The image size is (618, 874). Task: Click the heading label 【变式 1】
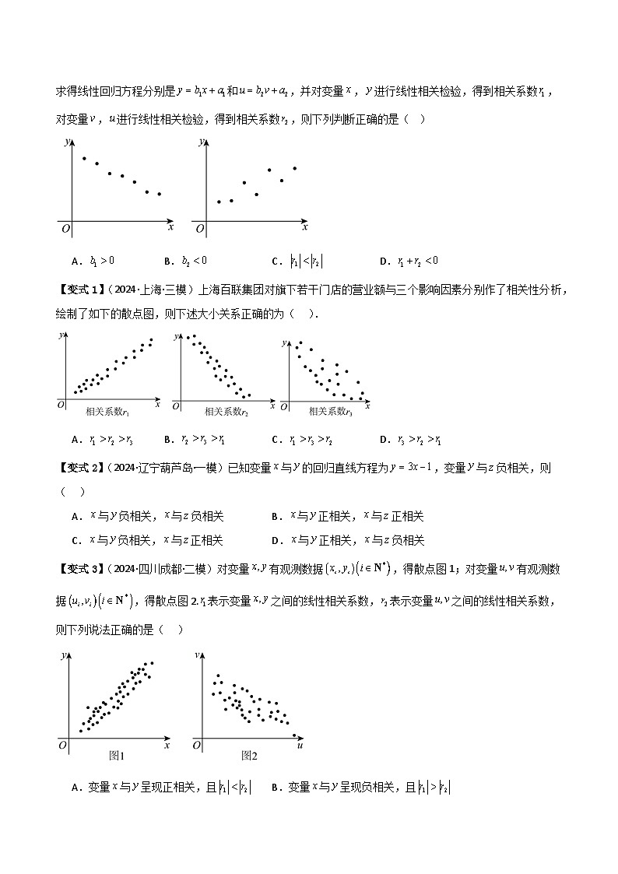[81, 291]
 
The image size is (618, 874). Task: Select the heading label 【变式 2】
[81, 468]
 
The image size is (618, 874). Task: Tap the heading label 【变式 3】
[81, 569]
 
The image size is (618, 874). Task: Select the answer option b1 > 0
[99, 260]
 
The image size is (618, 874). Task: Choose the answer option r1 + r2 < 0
[412, 260]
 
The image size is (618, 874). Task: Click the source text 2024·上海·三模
[152, 291]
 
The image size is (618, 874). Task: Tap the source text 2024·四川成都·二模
[162, 569]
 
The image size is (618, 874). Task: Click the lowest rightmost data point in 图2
[293, 735]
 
